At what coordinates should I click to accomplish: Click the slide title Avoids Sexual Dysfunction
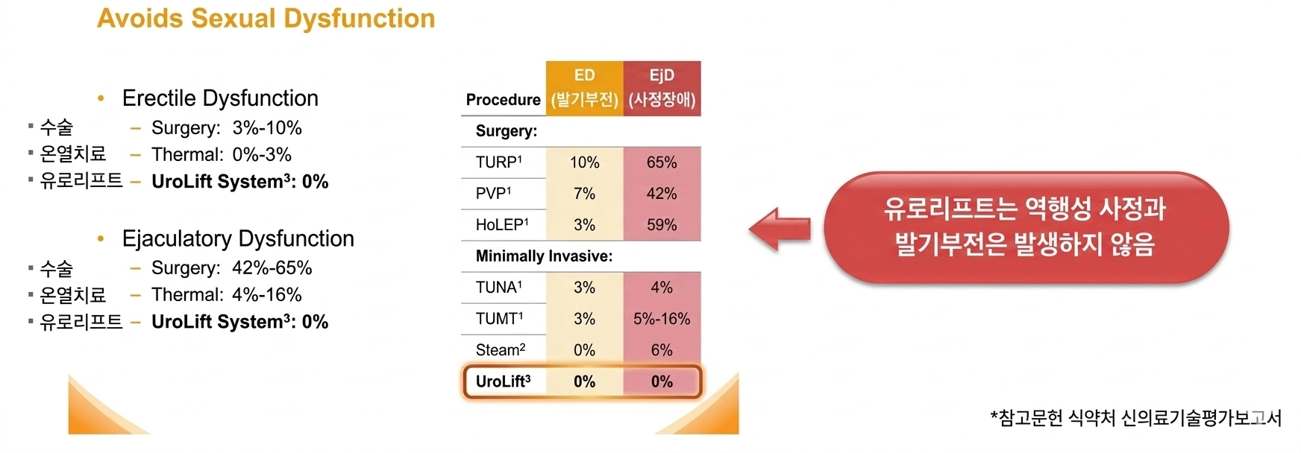click(x=266, y=19)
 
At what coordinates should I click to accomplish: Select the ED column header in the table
click(x=584, y=87)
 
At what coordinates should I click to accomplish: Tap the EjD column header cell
click(x=662, y=87)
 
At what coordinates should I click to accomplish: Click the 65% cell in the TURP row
click(x=662, y=162)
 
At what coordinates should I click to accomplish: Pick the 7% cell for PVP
click(x=584, y=194)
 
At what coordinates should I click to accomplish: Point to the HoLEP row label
click(x=502, y=225)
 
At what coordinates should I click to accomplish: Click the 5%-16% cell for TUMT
click(x=662, y=319)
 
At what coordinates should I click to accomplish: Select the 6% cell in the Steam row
click(x=662, y=350)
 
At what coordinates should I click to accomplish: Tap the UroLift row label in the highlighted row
click(x=504, y=381)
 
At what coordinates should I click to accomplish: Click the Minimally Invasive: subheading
click(x=544, y=256)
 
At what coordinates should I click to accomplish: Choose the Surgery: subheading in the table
click(x=507, y=131)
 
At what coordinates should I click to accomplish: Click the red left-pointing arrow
click(x=780, y=229)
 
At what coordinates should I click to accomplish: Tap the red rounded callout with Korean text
click(x=1025, y=227)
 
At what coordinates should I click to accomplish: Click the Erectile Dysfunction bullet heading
click(x=220, y=98)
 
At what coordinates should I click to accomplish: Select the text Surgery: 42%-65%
click(x=231, y=268)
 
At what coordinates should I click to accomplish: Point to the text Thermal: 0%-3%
click(x=221, y=155)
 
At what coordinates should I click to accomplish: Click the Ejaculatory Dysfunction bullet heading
click(x=238, y=238)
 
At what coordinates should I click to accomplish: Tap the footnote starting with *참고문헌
click(x=1135, y=418)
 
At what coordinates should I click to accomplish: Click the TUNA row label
click(x=499, y=288)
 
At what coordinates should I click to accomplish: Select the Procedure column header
click(x=503, y=100)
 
